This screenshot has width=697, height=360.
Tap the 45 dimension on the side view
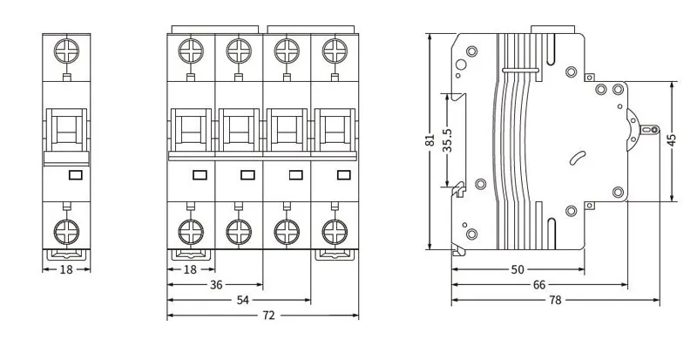671,141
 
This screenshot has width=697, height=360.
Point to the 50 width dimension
518,269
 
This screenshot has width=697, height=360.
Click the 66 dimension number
539,284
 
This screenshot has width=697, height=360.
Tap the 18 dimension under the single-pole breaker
66,269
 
